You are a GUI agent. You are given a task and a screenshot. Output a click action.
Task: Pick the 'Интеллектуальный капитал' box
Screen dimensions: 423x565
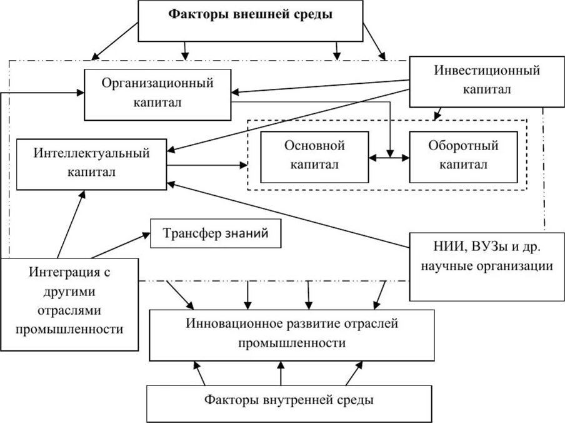click(x=91, y=163)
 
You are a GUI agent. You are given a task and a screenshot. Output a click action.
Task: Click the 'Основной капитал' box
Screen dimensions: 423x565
click(x=314, y=156)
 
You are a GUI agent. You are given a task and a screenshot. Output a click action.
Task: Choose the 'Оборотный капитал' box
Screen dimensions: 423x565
click(x=463, y=156)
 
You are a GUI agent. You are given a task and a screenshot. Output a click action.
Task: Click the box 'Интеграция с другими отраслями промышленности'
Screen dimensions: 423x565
click(x=69, y=300)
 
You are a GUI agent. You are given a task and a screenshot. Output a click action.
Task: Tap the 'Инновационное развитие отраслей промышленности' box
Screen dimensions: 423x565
click(x=291, y=334)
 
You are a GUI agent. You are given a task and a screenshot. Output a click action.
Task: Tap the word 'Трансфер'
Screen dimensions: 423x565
click(x=187, y=235)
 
